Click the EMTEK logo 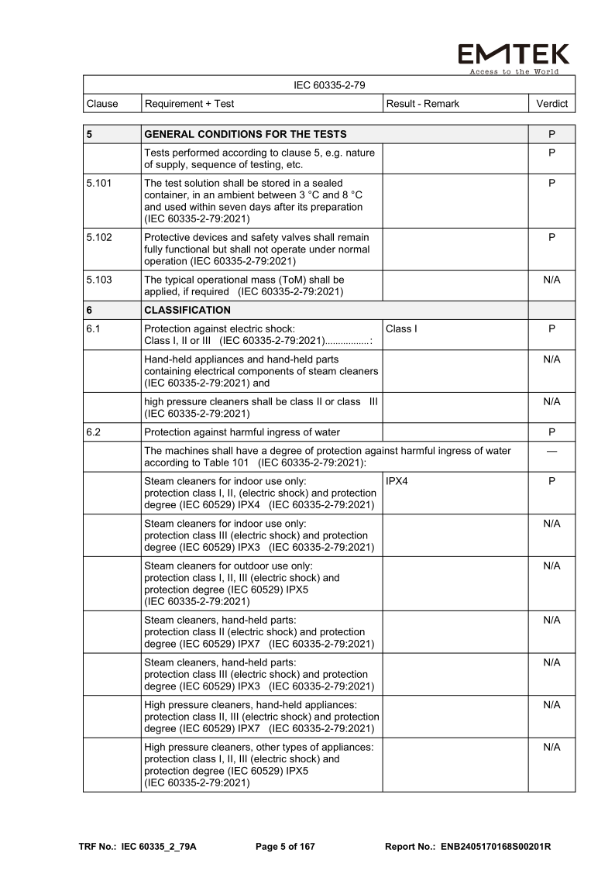(514, 53)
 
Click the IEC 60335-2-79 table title (329, 84)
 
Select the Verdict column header (551, 103)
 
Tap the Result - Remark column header (422, 103)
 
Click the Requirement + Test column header (190, 103)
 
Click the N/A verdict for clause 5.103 (551, 279)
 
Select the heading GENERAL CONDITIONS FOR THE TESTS (246, 134)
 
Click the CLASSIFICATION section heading (187, 310)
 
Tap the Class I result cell (401, 328)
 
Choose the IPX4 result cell (398, 481)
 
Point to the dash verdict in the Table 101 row (551, 451)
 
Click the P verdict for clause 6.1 (551, 328)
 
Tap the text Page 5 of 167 (285, 846)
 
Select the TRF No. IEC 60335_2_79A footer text (138, 846)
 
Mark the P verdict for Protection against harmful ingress (551, 432)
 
